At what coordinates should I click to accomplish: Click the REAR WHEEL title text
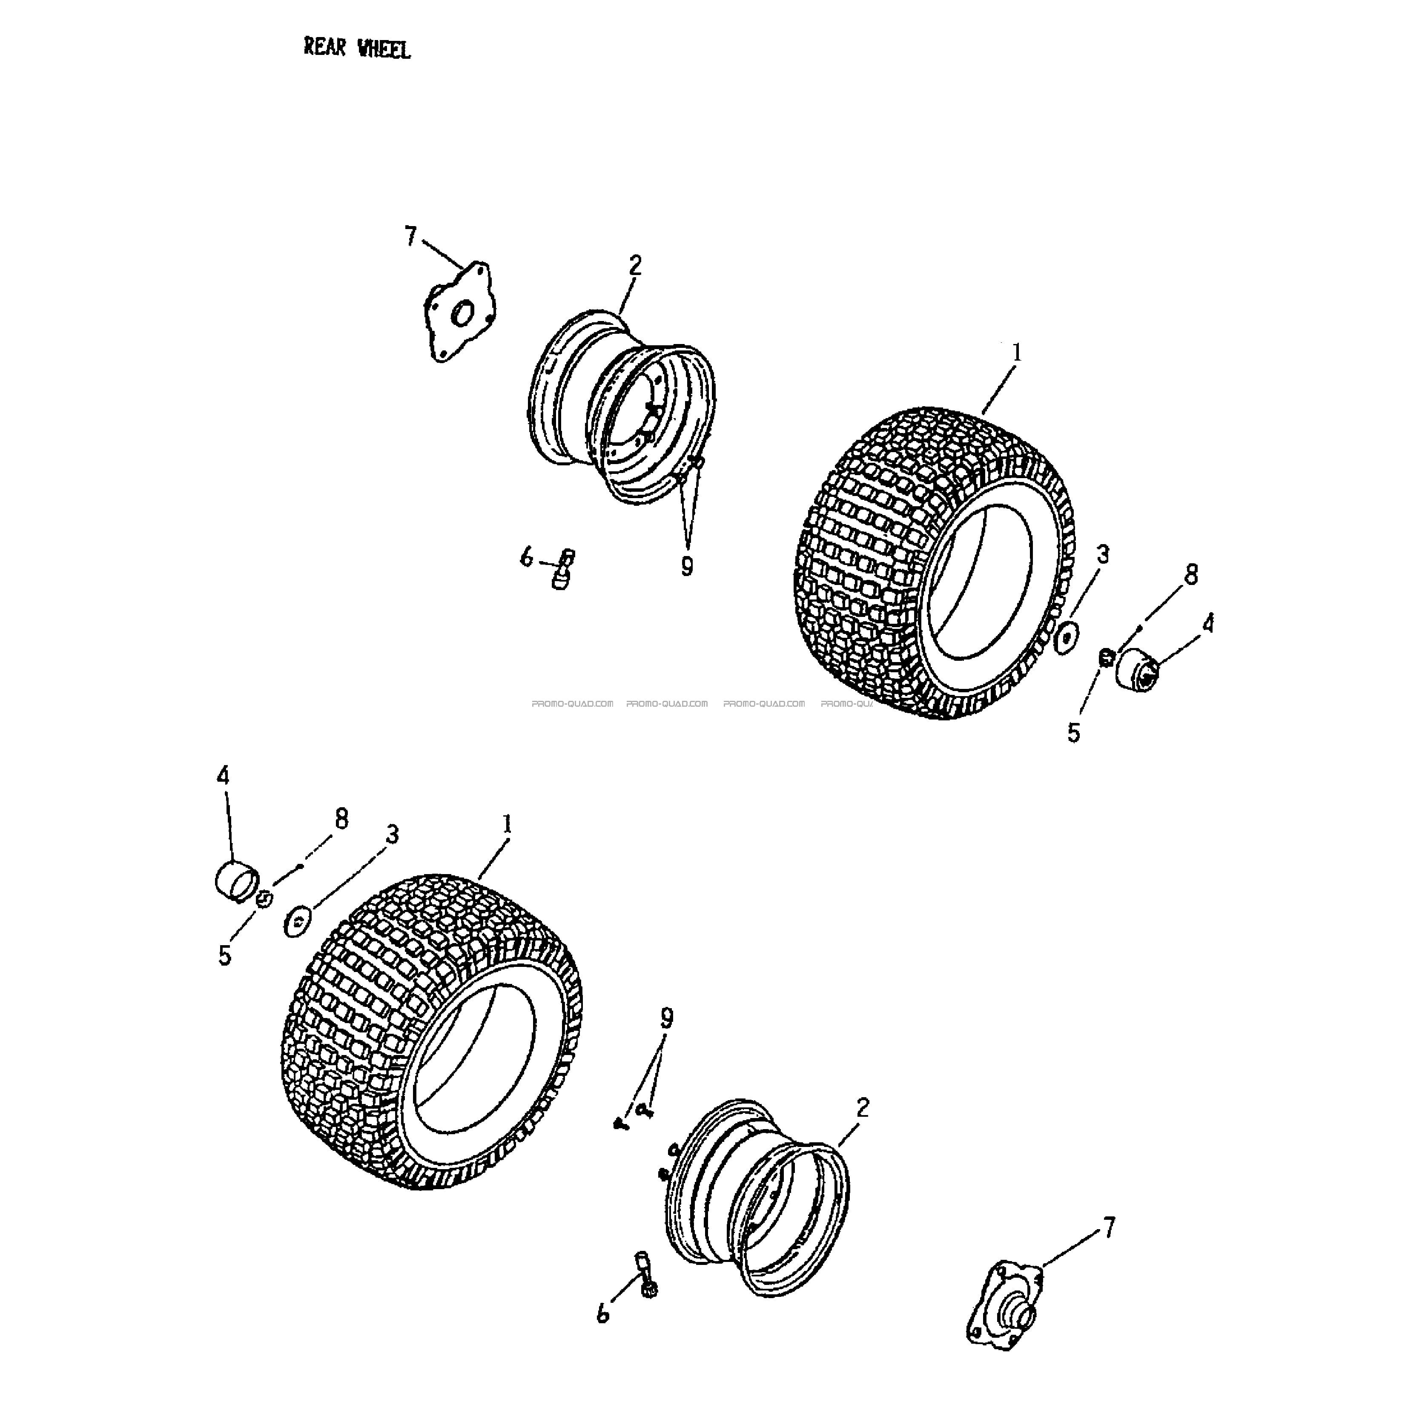tap(357, 49)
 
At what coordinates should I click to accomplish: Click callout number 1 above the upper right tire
tap(1017, 352)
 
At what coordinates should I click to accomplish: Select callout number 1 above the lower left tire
tap(507, 824)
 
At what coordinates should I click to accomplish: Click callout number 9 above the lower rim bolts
tap(667, 1018)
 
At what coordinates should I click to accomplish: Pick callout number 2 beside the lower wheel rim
tap(863, 1107)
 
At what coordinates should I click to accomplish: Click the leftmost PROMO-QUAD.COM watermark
tap(572, 703)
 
